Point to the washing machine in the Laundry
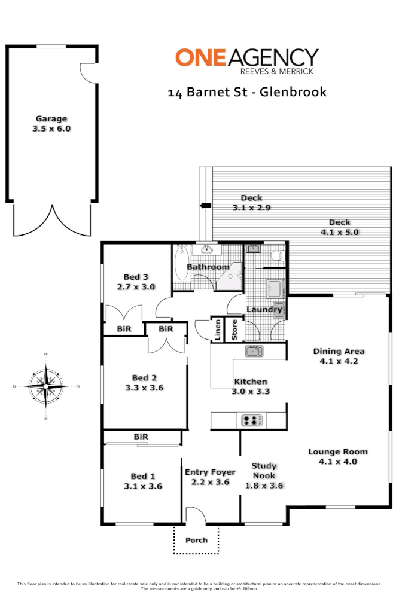point(276,289)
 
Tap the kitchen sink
point(254,351)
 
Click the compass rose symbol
point(45,387)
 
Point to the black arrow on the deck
point(205,206)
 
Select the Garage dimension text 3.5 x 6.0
point(51,128)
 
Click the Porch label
point(196,540)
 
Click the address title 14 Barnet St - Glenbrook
point(247,92)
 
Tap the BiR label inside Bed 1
point(141,437)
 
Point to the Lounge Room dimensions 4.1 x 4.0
point(338,462)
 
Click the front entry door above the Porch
point(195,515)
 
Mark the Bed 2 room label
point(144,377)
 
